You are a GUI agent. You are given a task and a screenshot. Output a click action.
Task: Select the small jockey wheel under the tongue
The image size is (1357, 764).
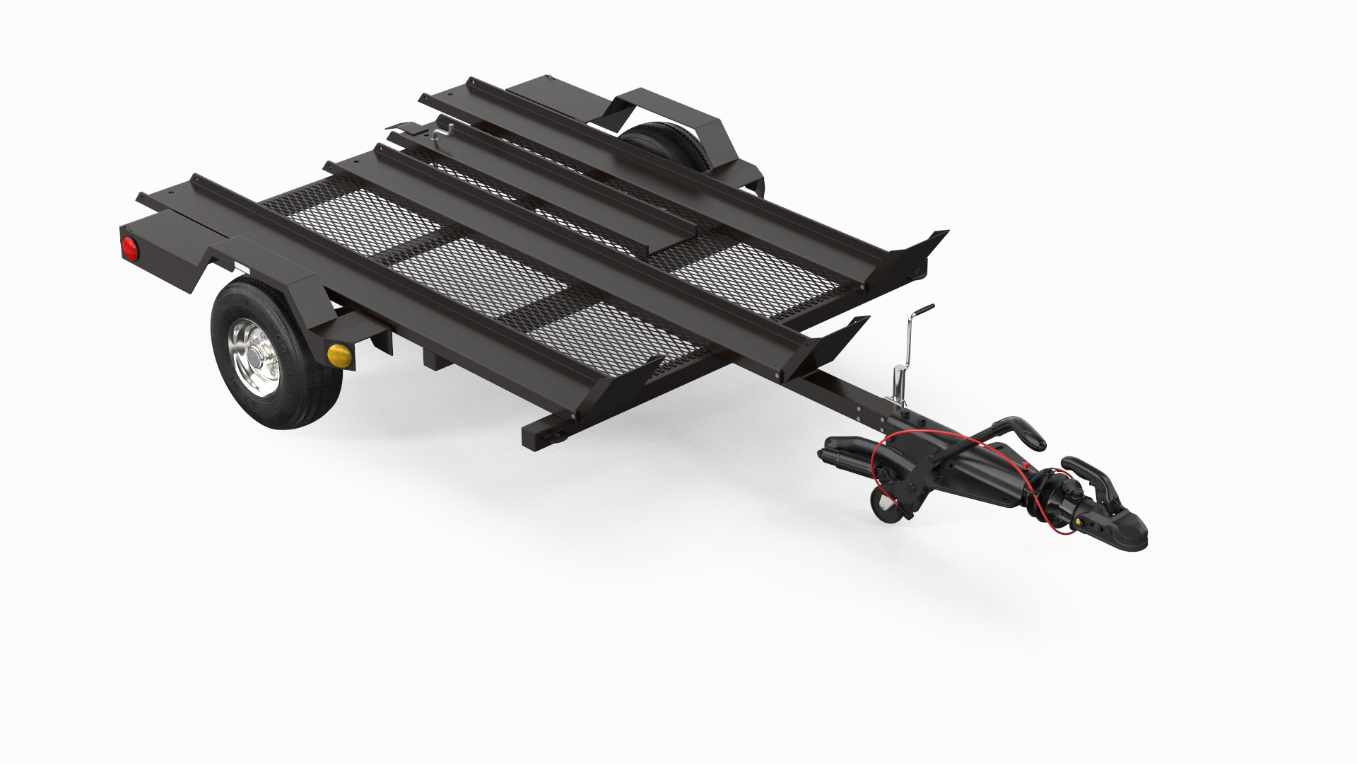coord(886,505)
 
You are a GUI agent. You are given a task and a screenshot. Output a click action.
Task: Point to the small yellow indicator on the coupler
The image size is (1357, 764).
coord(1079,521)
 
